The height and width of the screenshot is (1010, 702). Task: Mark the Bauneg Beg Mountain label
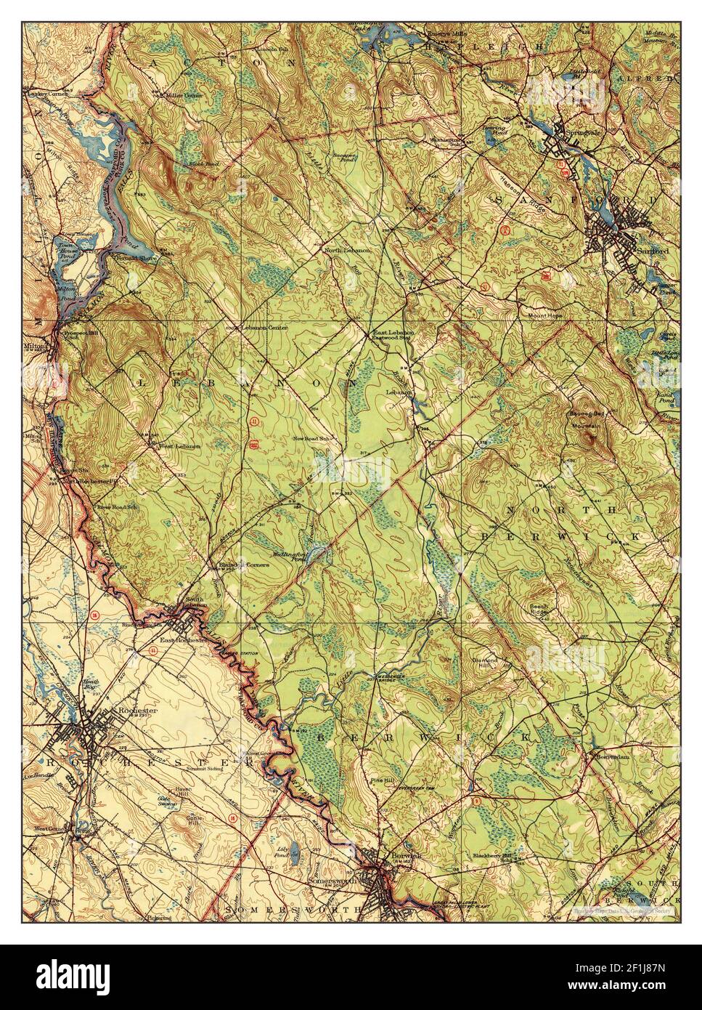click(x=587, y=419)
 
